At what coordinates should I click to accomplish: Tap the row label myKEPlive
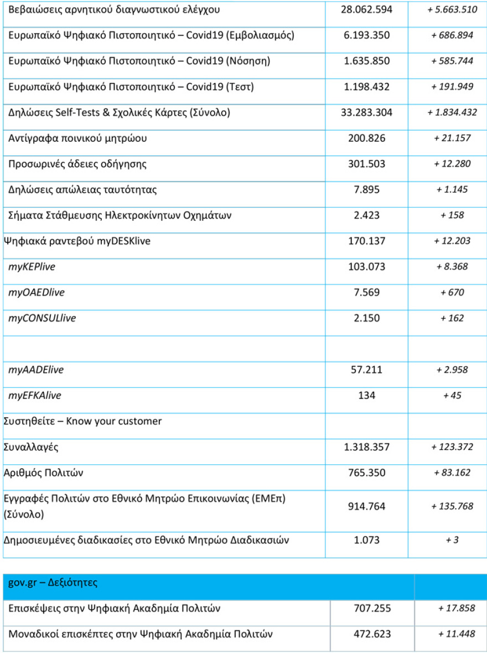click(x=32, y=267)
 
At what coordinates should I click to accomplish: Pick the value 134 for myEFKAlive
click(x=366, y=395)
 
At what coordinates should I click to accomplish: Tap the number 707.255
click(x=372, y=609)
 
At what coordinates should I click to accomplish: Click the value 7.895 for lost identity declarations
click(x=366, y=190)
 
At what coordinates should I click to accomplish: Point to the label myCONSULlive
click(x=42, y=318)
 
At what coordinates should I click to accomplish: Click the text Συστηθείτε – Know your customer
click(x=82, y=421)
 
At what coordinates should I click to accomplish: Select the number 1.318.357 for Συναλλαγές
click(x=366, y=447)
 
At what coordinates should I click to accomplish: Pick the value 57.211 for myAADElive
click(x=366, y=370)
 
